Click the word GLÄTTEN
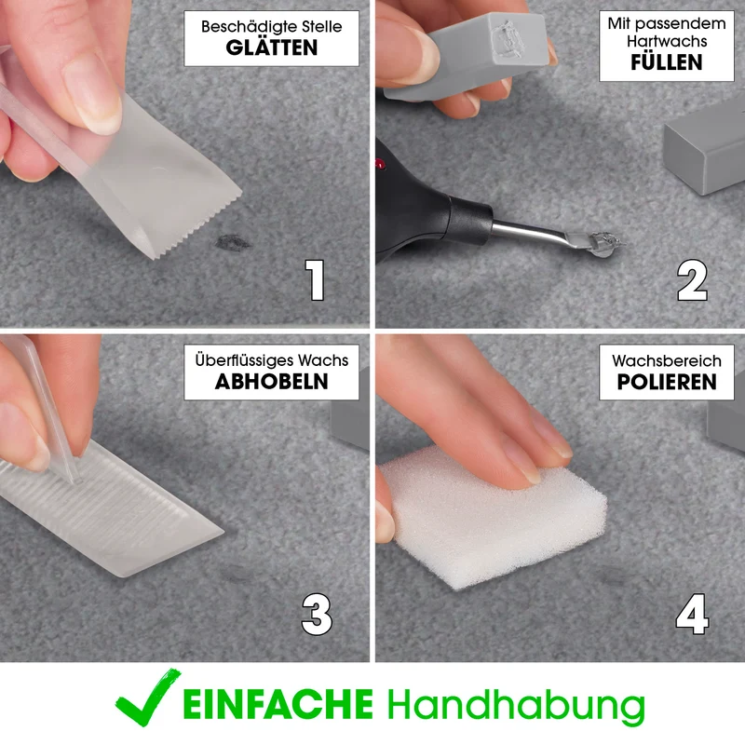click(x=271, y=47)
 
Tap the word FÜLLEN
click(x=666, y=61)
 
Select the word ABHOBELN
click(x=271, y=381)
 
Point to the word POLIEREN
click(x=666, y=382)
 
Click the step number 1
click(x=315, y=280)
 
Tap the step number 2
click(x=692, y=280)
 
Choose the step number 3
click(x=317, y=615)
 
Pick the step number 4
click(x=692, y=614)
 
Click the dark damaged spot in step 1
click(x=232, y=243)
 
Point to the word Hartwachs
click(x=667, y=41)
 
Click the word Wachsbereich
click(x=667, y=360)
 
